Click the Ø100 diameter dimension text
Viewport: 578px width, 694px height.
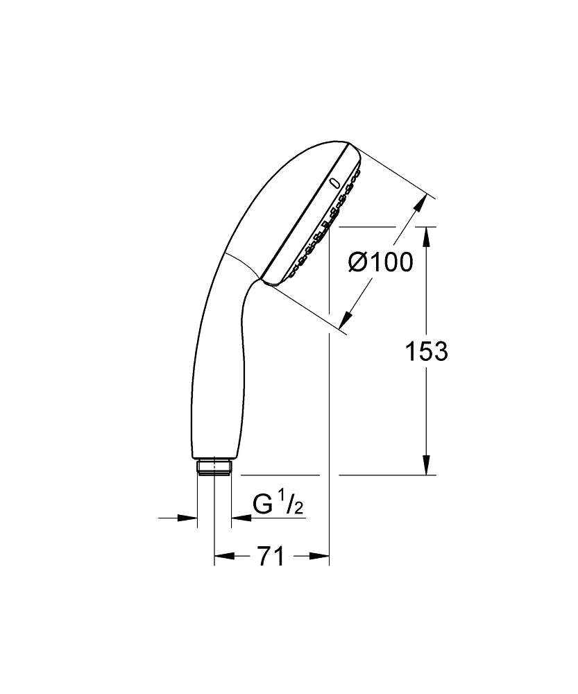click(380, 262)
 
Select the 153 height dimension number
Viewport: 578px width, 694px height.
click(426, 352)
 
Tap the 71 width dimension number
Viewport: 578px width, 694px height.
click(271, 556)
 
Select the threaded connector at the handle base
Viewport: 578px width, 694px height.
click(214, 467)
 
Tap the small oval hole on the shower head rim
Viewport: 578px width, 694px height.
click(336, 184)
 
